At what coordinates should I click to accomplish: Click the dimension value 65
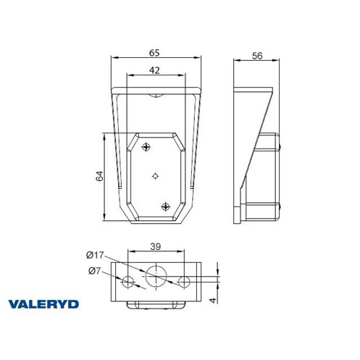click(x=154, y=53)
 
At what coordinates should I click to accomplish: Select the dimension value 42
click(x=154, y=70)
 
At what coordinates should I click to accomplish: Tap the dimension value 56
click(x=257, y=56)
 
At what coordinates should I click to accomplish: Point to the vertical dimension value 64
click(x=99, y=176)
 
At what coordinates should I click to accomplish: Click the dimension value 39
click(x=155, y=246)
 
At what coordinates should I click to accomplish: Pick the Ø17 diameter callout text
click(x=95, y=255)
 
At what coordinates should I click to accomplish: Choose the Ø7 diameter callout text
click(x=94, y=271)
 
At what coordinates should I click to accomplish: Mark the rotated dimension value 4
click(x=213, y=300)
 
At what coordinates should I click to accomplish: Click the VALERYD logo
click(x=43, y=304)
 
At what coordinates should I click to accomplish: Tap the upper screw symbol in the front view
click(x=146, y=146)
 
